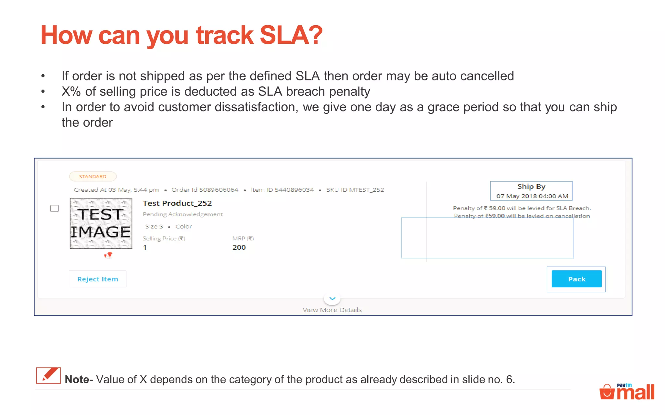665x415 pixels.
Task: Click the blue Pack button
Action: click(x=576, y=279)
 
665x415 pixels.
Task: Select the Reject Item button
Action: click(x=97, y=279)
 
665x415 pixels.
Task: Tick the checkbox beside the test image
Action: click(x=55, y=208)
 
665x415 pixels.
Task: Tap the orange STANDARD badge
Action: click(x=93, y=176)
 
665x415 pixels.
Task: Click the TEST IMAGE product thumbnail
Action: click(x=101, y=223)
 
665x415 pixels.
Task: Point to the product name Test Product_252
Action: click(x=177, y=203)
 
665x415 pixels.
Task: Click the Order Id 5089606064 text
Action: click(x=205, y=190)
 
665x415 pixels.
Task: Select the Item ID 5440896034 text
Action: click(x=282, y=190)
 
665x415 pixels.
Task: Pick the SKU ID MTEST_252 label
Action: click(x=355, y=190)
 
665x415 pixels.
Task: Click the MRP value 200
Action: click(x=239, y=247)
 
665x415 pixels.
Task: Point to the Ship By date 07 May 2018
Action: click(x=532, y=196)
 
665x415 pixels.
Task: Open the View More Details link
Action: click(x=332, y=310)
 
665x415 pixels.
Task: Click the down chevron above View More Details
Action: click(x=332, y=298)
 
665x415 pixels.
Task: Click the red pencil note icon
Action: click(x=48, y=375)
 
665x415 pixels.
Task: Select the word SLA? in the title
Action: click(x=291, y=35)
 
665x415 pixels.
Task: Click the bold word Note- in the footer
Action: click(x=79, y=379)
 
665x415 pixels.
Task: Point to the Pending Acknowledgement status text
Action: click(x=183, y=214)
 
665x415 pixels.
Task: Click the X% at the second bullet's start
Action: click(x=71, y=92)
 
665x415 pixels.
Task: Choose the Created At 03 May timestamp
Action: click(x=116, y=190)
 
